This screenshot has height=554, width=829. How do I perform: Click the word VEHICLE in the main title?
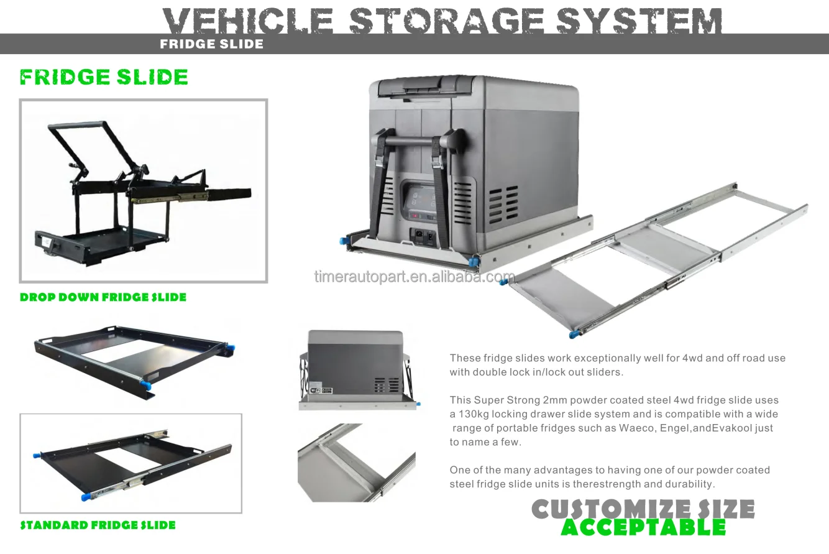[248, 21]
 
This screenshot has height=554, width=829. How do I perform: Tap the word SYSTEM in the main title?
[639, 21]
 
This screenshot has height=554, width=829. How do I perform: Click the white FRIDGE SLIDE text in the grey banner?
[211, 44]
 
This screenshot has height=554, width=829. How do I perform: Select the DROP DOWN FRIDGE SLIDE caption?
[103, 297]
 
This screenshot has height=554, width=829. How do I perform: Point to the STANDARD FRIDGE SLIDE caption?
[98, 525]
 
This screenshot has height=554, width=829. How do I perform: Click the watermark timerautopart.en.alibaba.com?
[414, 277]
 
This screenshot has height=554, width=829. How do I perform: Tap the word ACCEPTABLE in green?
[643, 527]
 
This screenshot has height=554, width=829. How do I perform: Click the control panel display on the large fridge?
[421, 202]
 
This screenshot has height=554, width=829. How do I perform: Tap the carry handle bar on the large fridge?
[418, 141]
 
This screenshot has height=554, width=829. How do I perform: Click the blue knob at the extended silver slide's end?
[573, 334]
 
